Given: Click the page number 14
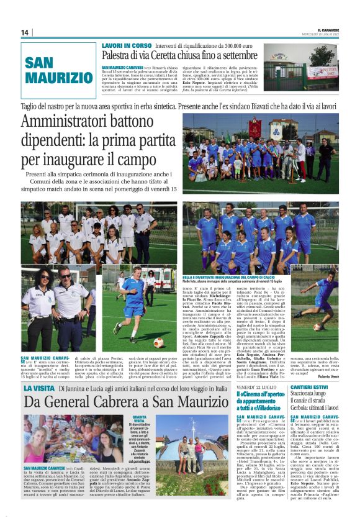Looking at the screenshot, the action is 25,32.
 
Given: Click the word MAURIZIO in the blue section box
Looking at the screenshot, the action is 60,78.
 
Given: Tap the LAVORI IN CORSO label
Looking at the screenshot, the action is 125,45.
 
